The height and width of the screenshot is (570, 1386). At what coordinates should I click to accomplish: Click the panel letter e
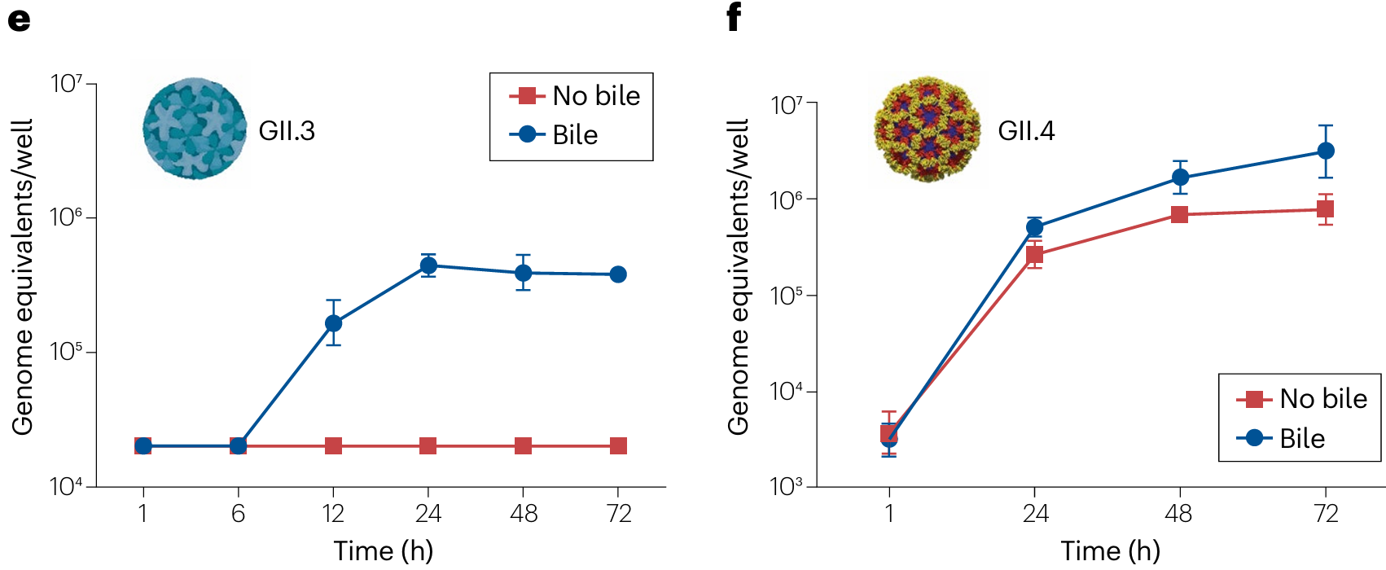[19, 19]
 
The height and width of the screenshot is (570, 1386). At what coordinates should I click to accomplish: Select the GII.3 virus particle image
[195, 129]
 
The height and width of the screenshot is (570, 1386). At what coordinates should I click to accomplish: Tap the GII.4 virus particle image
[927, 129]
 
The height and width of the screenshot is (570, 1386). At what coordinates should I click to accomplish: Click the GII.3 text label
[287, 131]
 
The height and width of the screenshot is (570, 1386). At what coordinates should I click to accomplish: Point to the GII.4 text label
[1026, 131]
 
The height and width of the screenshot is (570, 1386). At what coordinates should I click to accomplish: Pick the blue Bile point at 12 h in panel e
[333, 323]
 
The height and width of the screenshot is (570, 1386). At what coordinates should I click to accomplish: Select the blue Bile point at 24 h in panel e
[428, 265]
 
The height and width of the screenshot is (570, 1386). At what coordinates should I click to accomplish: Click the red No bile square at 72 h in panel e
[618, 445]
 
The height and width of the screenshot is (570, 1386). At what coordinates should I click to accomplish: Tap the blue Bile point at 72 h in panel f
[1326, 151]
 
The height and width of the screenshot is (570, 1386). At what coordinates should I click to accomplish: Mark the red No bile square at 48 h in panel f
[1179, 214]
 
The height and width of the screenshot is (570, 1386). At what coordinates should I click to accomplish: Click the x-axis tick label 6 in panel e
[238, 514]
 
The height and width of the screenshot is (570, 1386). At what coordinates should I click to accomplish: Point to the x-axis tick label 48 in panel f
[1178, 514]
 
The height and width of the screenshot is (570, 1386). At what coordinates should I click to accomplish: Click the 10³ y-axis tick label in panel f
[786, 487]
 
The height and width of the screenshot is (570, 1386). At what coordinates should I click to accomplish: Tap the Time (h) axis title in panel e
[383, 551]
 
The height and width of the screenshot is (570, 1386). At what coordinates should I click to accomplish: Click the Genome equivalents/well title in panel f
[738, 277]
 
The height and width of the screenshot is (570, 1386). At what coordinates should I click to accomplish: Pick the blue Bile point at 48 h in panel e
[523, 273]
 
